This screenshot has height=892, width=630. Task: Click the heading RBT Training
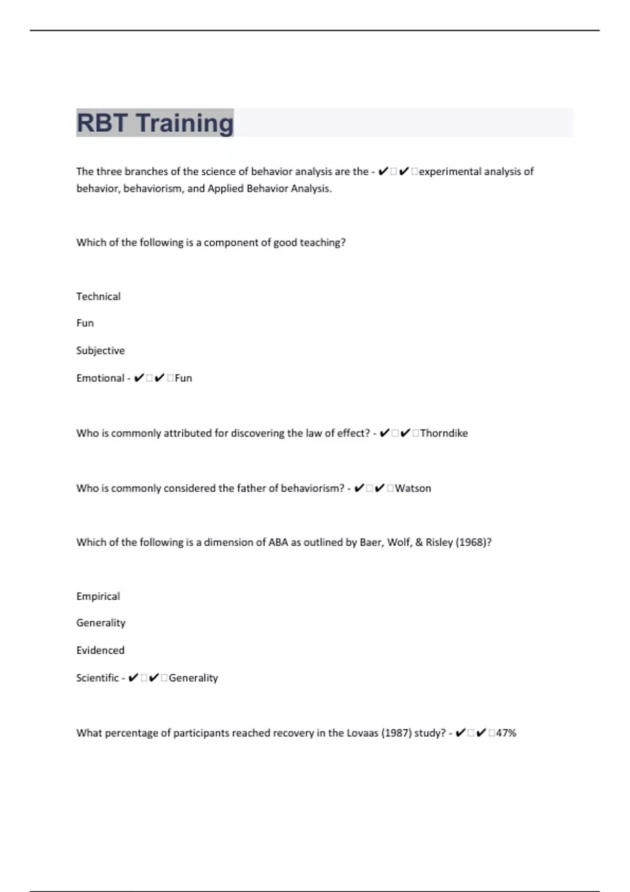coord(155,123)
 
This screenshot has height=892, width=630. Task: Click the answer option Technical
coord(98,296)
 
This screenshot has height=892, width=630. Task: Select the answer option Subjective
coord(100,351)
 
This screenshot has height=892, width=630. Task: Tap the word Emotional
coord(100,378)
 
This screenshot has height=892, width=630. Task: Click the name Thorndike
coord(444,433)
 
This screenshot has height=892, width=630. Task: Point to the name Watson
coord(413,488)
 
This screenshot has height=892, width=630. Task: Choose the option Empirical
coord(98,596)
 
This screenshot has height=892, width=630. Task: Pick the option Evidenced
coord(100,650)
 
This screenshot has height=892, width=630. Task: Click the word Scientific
coord(97,677)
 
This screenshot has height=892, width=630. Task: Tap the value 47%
coord(506,732)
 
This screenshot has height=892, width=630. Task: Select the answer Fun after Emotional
coord(183,378)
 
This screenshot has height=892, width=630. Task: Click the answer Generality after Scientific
coord(193,677)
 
